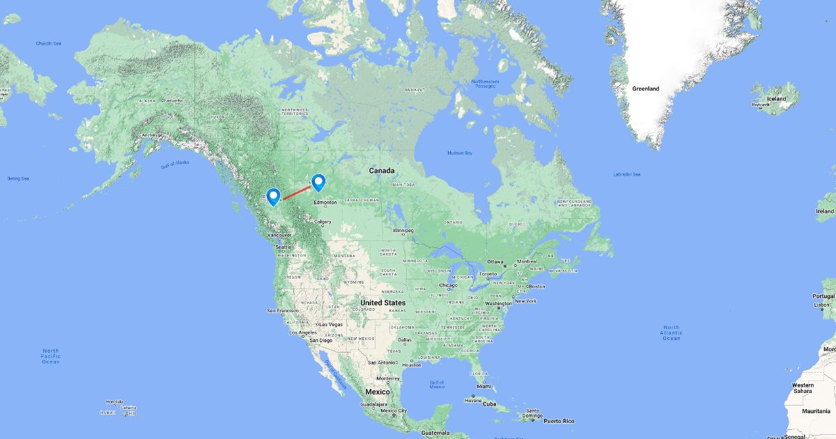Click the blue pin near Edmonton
point(318,182)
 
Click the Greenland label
point(645,89)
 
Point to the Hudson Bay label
point(460,153)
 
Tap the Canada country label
point(382,171)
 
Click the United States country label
point(382,303)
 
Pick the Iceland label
point(776,99)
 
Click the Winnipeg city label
point(402,231)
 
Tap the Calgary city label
point(323,222)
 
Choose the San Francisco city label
point(283,310)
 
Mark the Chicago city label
point(448,285)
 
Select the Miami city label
point(494,386)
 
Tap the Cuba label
point(490,404)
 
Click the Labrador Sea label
point(627,174)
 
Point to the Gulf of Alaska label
point(175,164)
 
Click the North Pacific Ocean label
point(50,356)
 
